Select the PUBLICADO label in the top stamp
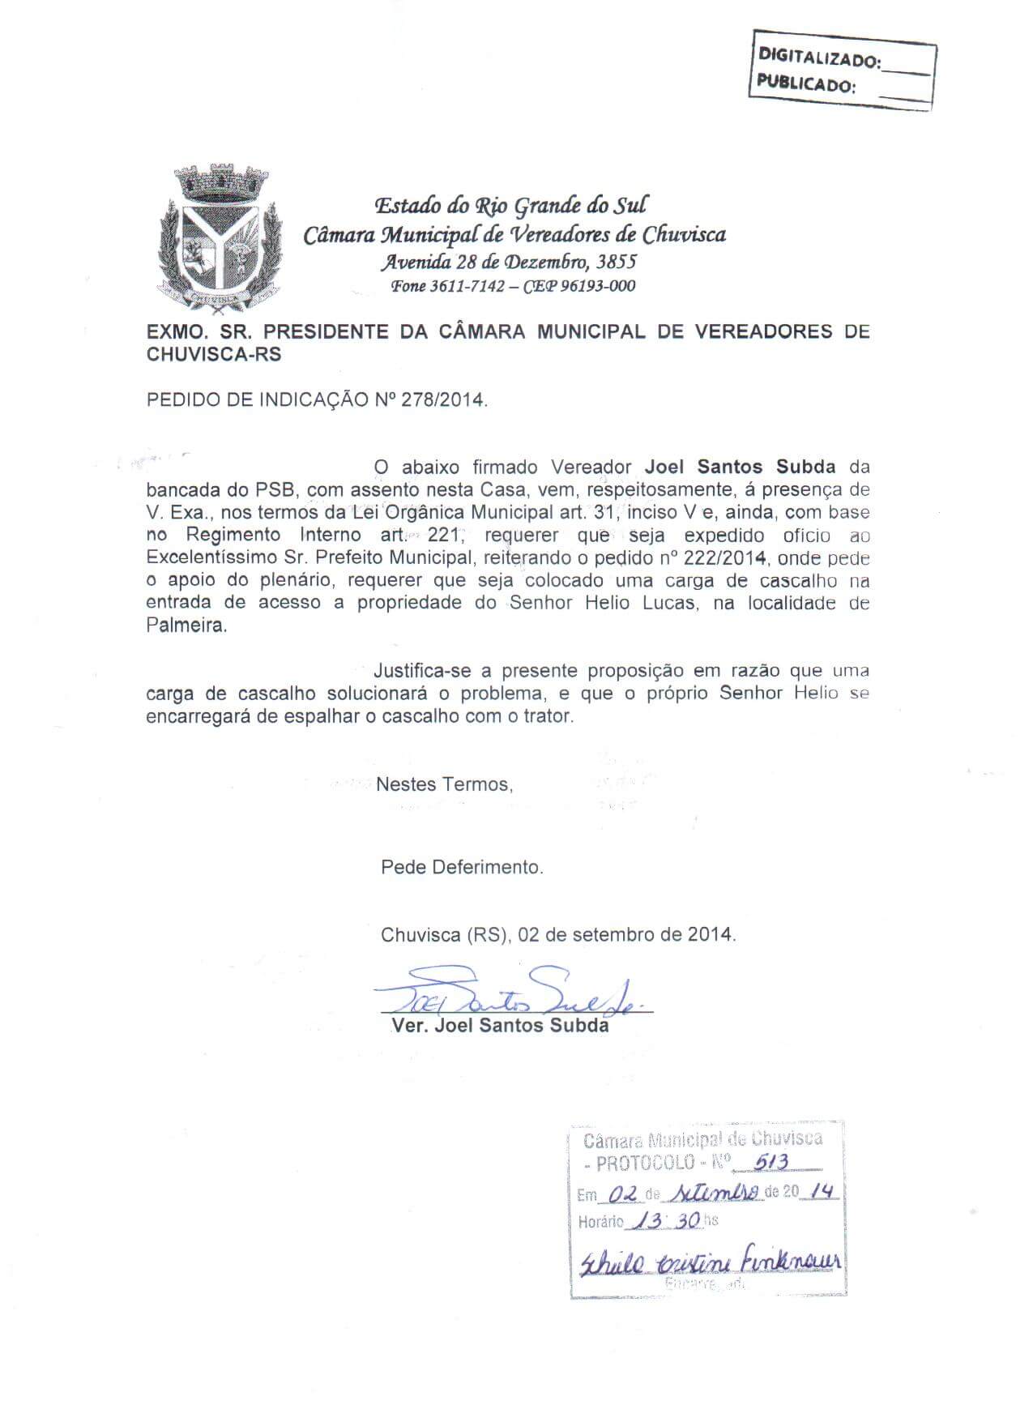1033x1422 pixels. coord(805,84)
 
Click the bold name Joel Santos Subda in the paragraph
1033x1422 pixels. coord(740,467)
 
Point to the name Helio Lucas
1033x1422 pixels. coord(640,603)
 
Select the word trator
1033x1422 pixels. coord(550,716)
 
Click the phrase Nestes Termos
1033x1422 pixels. coord(445,784)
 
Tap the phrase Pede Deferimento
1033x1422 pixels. coord(462,867)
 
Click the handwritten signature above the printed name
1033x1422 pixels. coord(510,993)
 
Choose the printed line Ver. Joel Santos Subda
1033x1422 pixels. coord(500,1026)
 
